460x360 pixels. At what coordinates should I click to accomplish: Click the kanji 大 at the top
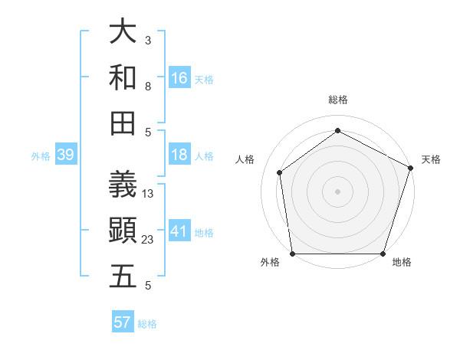coord(123,31)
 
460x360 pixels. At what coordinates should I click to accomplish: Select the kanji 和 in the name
coord(123,78)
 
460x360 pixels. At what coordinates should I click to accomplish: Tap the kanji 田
coord(123,123)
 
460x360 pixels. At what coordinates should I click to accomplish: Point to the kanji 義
coord(123,184)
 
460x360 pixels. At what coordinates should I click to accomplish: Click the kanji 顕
coord(123,231)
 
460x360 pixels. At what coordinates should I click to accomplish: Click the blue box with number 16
coord(179,78)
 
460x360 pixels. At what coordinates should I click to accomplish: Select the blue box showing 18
coord(179,155)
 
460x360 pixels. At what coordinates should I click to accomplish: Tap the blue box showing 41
coord(179,231)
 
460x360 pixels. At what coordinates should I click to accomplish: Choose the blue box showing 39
coord(65,155)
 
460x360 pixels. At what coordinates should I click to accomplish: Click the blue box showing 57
coord(123,322)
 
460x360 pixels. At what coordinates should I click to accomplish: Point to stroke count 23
coord(148,240)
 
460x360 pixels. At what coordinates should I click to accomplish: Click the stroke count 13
coord(148,194)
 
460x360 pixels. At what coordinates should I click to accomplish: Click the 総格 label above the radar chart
coord(337,100)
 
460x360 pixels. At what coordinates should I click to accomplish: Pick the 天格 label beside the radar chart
coord(431,159)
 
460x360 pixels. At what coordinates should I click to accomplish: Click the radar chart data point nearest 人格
coord(280,172)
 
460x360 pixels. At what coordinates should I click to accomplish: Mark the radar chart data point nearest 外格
coord(292,254)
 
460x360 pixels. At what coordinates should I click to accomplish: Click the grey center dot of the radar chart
coord(337,191)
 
